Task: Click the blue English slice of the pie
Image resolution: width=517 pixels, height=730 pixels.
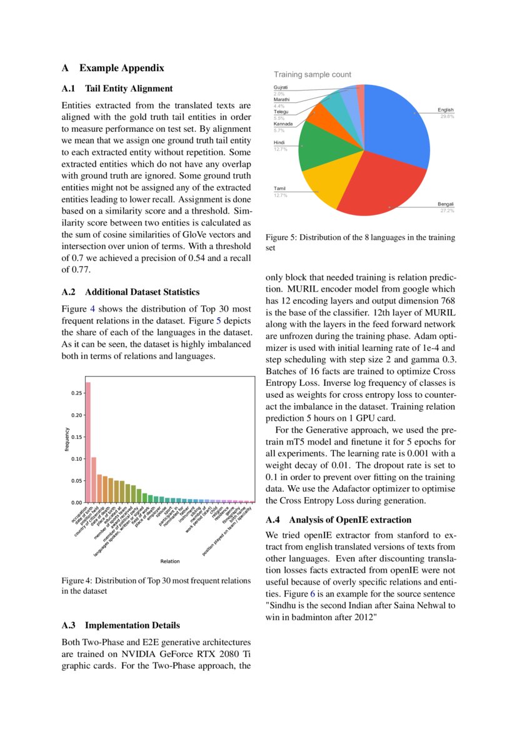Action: pyautogui.click(x=400, y=125)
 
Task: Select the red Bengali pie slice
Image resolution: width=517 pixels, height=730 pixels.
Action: pyautogui.click(x=375, y=187)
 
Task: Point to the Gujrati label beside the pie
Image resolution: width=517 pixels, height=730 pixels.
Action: pyautogui.click(x=281, y=87)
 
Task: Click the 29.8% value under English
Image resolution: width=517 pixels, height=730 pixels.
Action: pyautogui.click(x=446, y=117)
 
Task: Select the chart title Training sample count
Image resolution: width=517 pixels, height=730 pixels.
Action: pyautogui.click(x=312, y=74)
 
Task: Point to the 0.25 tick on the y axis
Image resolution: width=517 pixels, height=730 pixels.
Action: pyautogui.click(x=76, y=393)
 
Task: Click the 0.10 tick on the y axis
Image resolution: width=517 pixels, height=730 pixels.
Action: pyautogui.click(x=76, y=459)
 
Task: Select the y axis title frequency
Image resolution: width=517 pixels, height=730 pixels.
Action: pyautogui.click(x=67, y=439)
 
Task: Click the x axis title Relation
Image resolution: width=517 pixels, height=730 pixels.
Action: pyautogui.click(x=170, y=561)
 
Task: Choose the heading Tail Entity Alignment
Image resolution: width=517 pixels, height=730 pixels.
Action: pyautogui.click(x=129, y=89)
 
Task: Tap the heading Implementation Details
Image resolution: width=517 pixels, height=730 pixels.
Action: pyautogui.click(x=133, y=625)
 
